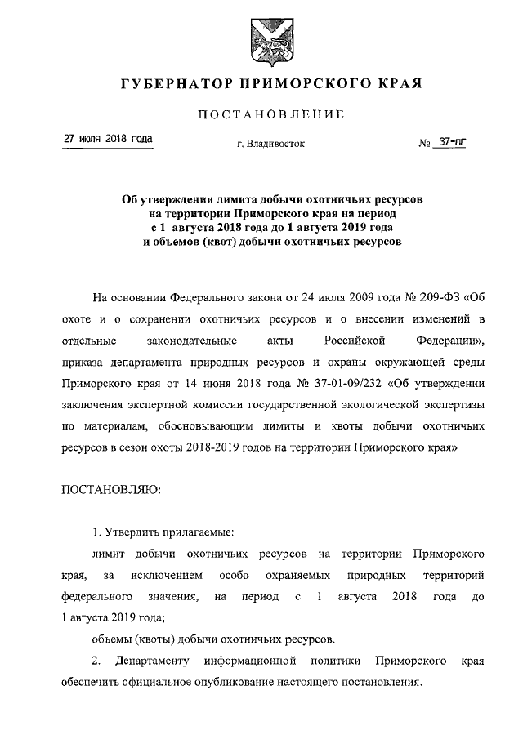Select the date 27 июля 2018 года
click(109, 140)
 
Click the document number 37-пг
click(448, 142)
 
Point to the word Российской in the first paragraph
click(337, 338)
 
